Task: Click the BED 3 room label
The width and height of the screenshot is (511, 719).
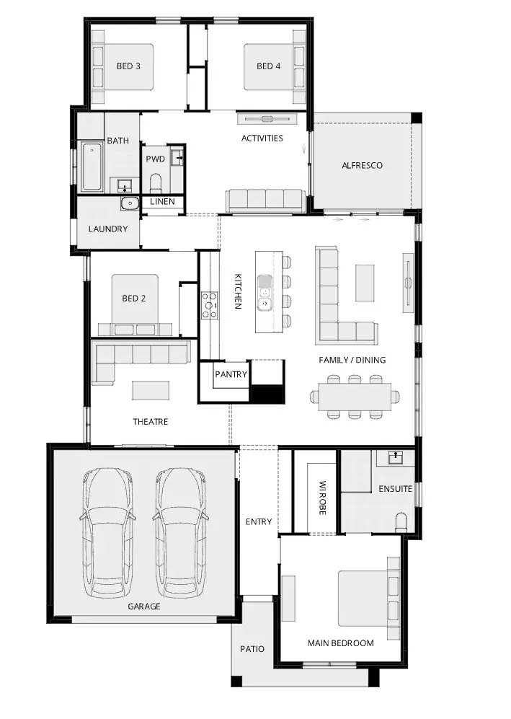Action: click(x=128, y=66)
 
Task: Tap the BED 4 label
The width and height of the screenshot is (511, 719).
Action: click(x=269, y=66)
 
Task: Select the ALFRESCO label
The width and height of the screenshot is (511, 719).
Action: click(x=362, y=166)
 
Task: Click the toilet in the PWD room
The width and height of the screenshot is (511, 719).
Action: click(x=156, y=183)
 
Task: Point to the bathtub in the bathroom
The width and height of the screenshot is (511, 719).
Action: click(x=92, y=167)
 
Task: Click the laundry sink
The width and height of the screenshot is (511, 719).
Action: click(x=130, y=203)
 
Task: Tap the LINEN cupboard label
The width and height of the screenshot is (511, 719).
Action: click(x=162, y=201)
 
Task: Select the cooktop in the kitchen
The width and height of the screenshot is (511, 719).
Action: click(x=210, y=305)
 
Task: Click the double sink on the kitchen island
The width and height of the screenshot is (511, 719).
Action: click(x=265, y=293)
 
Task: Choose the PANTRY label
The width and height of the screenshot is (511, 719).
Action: click(x=231, y=374)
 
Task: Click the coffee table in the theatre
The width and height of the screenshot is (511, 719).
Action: click(x=151, y=391)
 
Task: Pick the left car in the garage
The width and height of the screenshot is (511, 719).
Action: click(x=107, y=531)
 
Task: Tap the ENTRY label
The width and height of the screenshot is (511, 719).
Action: click(x=259, y=521)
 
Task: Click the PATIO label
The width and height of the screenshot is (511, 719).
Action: click(x=252, y=649)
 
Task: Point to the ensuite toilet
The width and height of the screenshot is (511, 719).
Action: click(x=401, y=523)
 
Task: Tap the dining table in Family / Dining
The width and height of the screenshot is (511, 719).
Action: click(x=355, y=397)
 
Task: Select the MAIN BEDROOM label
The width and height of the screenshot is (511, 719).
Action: click(x=340, y=643)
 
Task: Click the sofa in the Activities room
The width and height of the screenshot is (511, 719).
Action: click(x=265, y=201)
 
